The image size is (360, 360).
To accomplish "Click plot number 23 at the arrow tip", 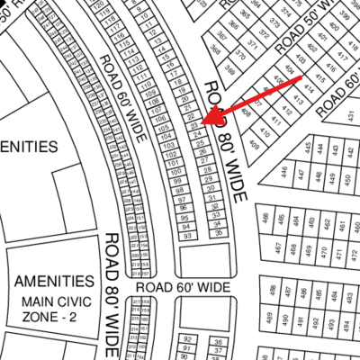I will pos(193,124).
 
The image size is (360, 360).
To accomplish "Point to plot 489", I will pos(267,319).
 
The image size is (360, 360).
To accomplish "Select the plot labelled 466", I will pos(266,218).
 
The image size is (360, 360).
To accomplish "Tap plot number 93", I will pos(186,236).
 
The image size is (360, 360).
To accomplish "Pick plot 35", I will pos(219,231).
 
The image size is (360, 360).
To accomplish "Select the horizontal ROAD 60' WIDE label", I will pos(184,285).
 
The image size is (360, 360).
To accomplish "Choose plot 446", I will pos(285,172).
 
